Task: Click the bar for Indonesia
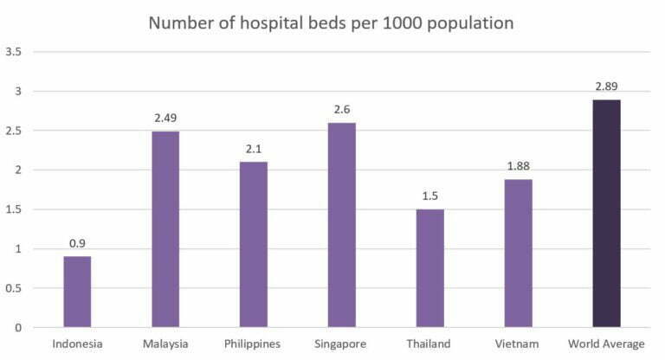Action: tap(77, 292)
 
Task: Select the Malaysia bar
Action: tap(165, 229)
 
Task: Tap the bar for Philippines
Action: tap(254, 245)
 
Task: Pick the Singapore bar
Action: tap(342, 225)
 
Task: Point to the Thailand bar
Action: tap(430, 268)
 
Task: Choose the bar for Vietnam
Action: tap(519, 254)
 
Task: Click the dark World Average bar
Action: tap(606, 214)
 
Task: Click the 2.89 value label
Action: tap(606, 87)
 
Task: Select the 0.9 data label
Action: tap(77, 243)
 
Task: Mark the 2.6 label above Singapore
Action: tap(342, 109)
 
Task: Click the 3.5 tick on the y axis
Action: tap(14, 53)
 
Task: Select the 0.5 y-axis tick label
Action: tap(14, 289)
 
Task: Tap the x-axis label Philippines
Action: tap(252, 344)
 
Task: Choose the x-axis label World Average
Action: tap(606, 344)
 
